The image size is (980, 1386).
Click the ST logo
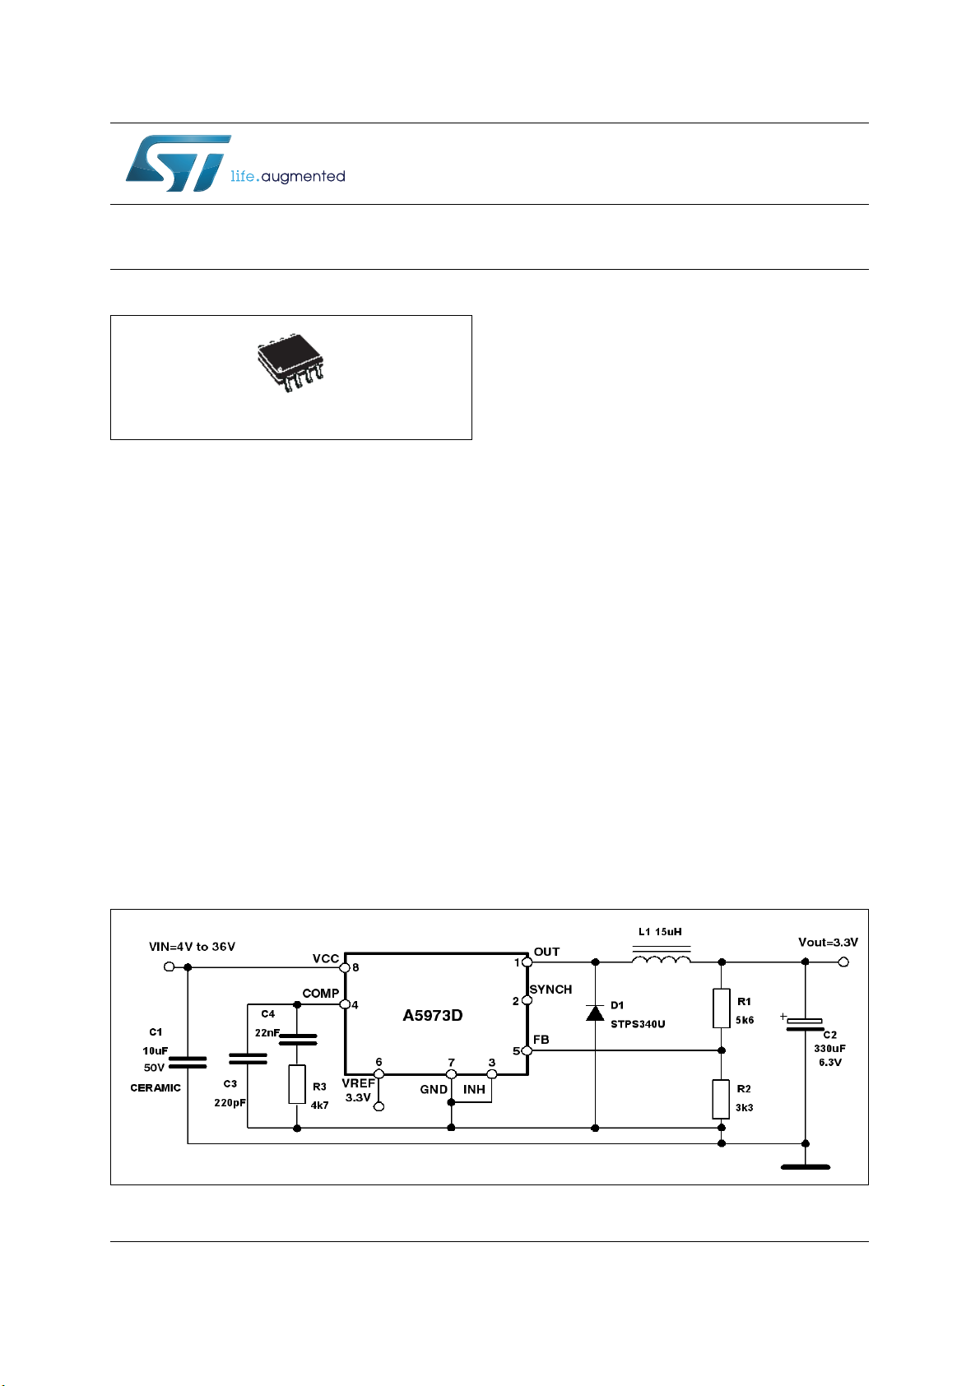tap(179, 164)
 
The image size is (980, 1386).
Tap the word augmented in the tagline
tap(304, 177)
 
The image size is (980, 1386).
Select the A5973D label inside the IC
tap(433, 1015)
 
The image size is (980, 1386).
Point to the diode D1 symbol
tap(595, 1013)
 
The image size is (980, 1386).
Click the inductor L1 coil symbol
tap(662, 959)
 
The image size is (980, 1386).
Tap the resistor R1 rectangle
tap(722, 1008)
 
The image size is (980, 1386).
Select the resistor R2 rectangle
tap(722, 1099)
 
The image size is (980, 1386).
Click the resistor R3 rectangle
tap(297, 1084)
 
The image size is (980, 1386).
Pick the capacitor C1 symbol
tap(188, 1063)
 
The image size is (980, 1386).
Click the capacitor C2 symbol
tap(805, 1025)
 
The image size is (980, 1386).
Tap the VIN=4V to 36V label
tap(192, 947)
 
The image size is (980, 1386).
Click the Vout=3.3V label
tap(829, 943)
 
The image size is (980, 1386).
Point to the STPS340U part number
tap(638, 1024)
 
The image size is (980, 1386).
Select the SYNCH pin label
tap(550, 990)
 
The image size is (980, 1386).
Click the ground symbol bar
tap(806, 1167)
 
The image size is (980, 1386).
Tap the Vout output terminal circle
tap(843, 962)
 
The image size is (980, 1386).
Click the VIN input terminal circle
tap(169, 967)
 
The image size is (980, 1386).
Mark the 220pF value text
tap(230, 1102)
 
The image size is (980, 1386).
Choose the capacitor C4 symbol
tap(298, 1040)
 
